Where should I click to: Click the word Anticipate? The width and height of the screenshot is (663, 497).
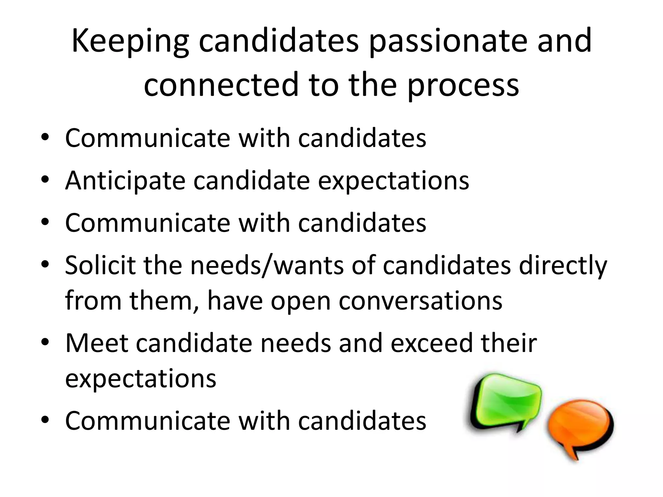coord(125,181)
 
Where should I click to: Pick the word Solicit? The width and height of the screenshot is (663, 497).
coord(100,265)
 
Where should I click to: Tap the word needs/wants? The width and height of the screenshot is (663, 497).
coord(266,265)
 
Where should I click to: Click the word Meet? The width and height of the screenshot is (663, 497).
coord(96,343)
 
